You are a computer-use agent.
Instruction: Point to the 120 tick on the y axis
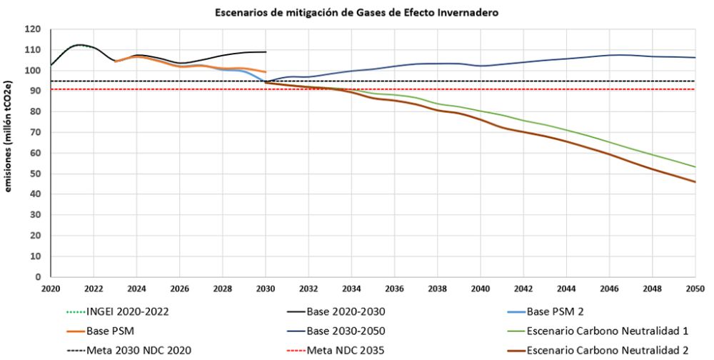point(33,29)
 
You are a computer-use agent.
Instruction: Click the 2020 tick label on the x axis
point(51,289)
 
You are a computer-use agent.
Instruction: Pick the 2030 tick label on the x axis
point(266,289)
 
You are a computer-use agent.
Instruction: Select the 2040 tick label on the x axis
point(481,289)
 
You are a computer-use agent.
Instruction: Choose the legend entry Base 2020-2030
point(343,311)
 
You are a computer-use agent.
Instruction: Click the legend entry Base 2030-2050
point(343,331)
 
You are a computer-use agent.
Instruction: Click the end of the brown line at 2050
point(695,181)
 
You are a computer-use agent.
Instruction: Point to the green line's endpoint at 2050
point(695,167)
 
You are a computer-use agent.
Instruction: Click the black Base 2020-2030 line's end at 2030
point(266,52)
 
